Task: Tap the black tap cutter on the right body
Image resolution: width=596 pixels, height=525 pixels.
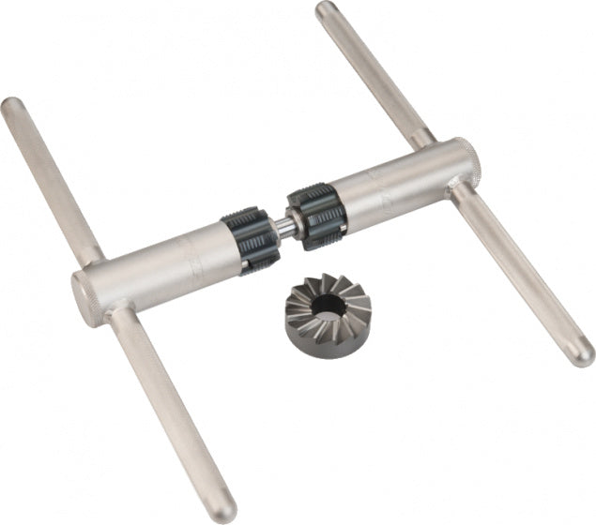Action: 316,217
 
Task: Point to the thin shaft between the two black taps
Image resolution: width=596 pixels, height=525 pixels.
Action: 283,230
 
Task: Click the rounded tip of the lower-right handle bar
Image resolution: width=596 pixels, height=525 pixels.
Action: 583,355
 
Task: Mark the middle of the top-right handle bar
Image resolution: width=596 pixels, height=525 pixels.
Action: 375,75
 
